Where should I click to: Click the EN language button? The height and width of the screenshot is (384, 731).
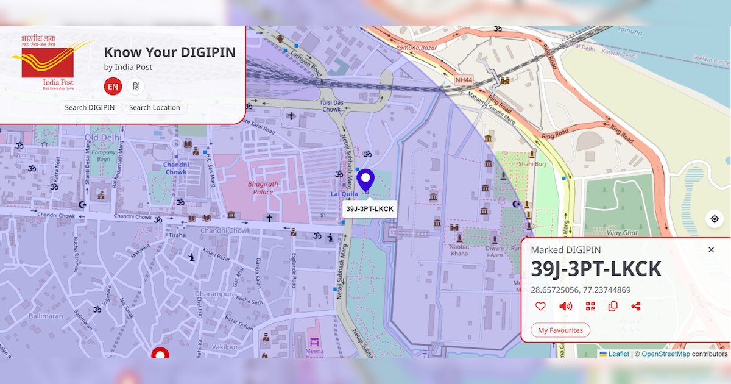113,87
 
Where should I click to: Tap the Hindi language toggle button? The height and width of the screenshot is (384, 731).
136,87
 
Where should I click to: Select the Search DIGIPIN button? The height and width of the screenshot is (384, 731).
90,108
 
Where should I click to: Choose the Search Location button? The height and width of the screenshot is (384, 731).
154,108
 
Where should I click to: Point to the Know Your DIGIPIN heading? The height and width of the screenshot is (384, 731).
169,52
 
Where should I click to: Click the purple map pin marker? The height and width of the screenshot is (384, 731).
365,181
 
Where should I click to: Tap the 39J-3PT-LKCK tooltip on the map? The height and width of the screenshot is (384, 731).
369,209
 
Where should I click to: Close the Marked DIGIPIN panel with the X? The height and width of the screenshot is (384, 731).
711,250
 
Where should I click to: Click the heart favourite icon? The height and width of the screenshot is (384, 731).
540,307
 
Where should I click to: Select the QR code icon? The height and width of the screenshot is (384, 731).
590,307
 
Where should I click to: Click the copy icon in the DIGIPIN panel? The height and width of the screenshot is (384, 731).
613,307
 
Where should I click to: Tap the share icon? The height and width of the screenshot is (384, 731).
636,307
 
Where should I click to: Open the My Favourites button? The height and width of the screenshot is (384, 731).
560,330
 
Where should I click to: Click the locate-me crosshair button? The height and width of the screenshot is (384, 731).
715,219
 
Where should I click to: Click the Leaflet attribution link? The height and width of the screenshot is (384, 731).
618,354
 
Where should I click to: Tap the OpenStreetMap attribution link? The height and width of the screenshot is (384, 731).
665,354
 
